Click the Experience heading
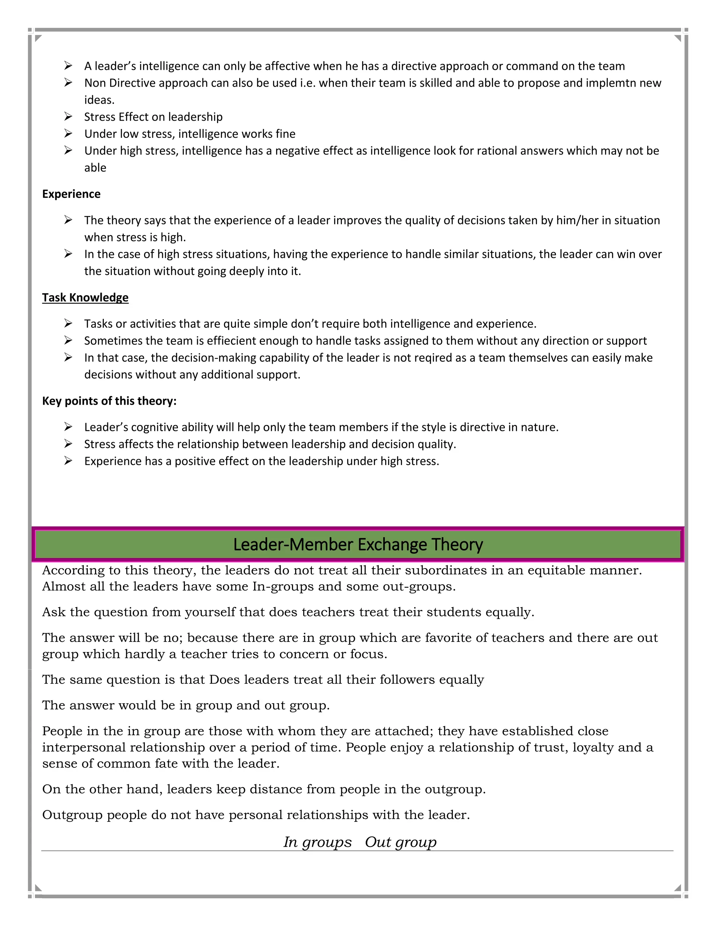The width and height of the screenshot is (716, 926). click(71, 194)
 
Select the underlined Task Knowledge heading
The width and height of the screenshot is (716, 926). click(85, 297)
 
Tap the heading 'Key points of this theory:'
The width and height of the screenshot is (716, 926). click(109, 401)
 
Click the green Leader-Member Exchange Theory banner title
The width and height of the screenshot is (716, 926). click(358, 544)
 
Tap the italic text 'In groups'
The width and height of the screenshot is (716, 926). click(317, 842)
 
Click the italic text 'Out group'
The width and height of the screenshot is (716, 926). click(400, 842)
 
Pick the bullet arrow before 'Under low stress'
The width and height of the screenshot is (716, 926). click(68, 133)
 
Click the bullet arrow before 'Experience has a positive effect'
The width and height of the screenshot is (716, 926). click(68, 461)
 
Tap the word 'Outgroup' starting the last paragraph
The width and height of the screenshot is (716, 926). click(72, 815)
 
